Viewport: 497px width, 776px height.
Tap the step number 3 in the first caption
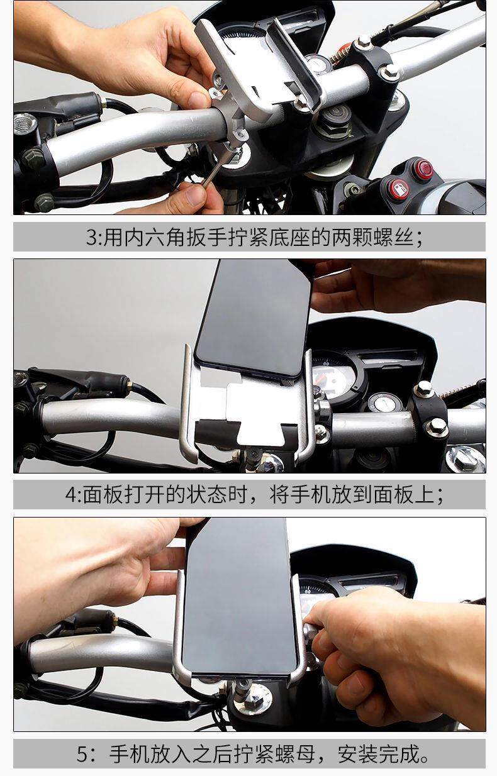pos(92,237)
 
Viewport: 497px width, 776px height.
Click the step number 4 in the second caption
pos(70,495)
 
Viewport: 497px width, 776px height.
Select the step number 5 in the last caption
pos(84,755)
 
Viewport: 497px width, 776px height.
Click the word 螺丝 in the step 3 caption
pos(393,237)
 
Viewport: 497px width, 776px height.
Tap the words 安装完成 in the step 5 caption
pos(378,755)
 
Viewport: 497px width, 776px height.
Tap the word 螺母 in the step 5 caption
pos(295,755)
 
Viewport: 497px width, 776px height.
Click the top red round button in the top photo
pos(423,168)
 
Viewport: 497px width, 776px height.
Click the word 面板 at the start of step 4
pos(103,495)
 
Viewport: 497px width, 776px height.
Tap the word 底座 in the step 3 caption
pos(290,237)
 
